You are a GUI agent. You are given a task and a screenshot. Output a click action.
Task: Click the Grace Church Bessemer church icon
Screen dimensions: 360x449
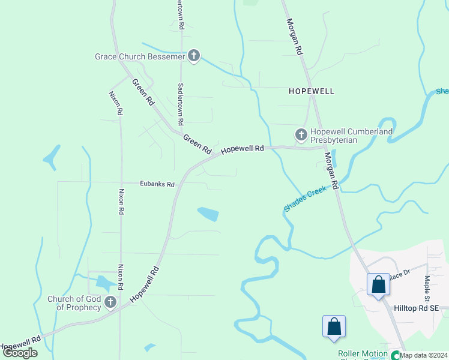point(193,56)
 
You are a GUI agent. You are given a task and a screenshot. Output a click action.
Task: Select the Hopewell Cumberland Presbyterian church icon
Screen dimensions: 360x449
point(301,134)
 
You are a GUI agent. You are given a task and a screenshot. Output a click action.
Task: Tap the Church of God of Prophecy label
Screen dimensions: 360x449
point(74,303)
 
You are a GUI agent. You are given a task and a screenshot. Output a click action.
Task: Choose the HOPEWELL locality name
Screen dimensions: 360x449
point(311,91)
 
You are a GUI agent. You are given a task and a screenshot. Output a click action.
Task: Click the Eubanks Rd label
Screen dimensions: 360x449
point(157,184)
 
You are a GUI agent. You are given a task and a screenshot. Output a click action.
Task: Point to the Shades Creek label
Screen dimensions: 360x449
point(305,199)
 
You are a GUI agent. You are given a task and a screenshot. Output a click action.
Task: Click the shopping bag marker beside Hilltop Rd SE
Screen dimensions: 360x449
point(379,284)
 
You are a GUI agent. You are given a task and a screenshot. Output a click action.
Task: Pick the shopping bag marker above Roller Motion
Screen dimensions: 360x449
point(334,327)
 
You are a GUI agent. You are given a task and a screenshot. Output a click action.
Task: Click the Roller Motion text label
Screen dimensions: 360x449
point(363,354)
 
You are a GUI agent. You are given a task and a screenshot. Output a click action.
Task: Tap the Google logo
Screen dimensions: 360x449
point(20,353)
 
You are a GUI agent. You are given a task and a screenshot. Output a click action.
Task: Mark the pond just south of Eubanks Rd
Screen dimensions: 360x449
point(208,214)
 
